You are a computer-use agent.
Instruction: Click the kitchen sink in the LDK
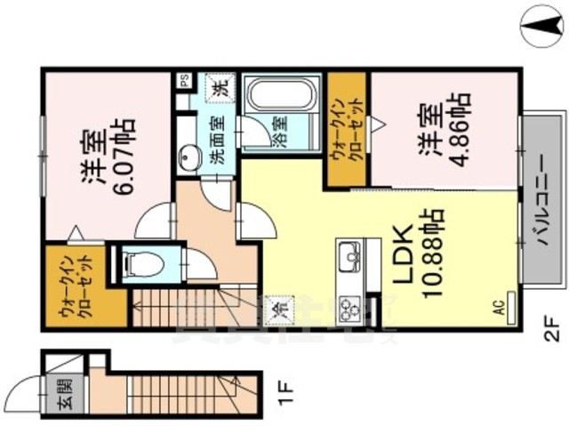pos(348,255)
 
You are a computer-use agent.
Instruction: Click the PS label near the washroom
pos(185,79)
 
